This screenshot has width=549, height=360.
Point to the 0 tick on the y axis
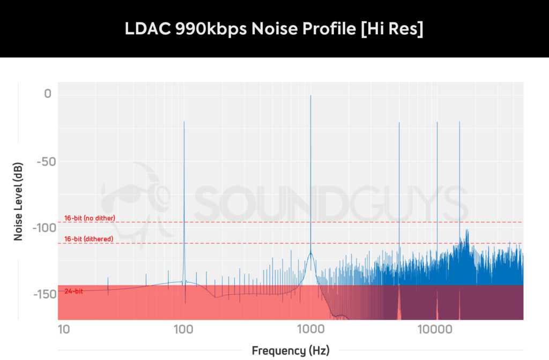48,94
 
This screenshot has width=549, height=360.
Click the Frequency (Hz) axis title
291,351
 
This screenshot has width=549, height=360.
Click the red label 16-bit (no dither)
90,218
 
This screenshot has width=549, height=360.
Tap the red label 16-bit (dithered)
88,239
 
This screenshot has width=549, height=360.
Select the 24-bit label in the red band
73,291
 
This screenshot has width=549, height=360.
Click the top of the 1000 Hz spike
310,95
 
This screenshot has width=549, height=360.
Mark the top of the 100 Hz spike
184,122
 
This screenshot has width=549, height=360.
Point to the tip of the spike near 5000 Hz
399,122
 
